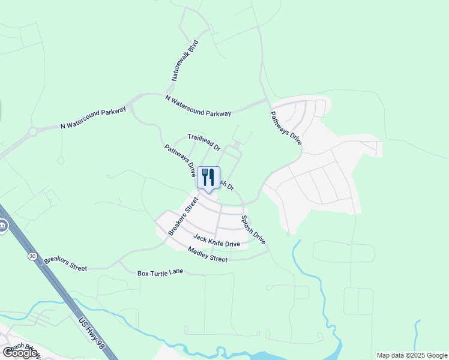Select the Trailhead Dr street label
point(204,142)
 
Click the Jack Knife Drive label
point(216,241)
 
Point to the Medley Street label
point(208,254)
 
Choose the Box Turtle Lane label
point(160,273)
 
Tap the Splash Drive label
point(253,230)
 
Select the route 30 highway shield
point(31,256)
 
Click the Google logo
point(20,353)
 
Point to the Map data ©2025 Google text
point(411,355)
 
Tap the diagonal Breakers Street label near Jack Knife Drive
point(182,217)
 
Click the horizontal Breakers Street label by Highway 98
point(65,264)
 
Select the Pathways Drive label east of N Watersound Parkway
point(285,128)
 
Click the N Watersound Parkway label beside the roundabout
point(93,118)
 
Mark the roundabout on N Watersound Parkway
point(33,131)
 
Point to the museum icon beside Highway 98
point(2,226)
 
